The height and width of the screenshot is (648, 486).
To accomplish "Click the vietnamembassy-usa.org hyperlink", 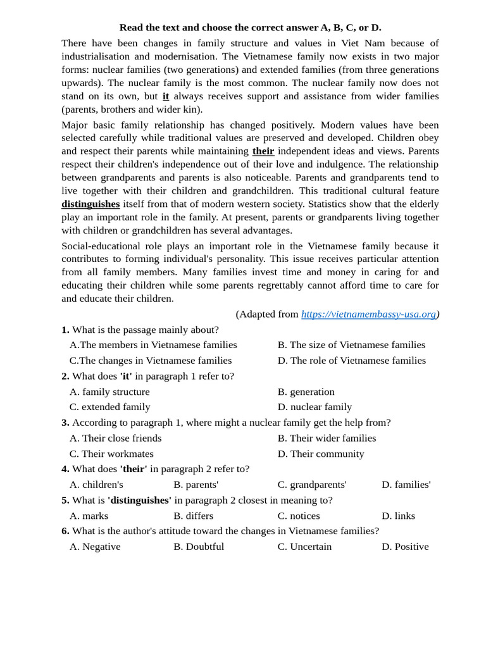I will click(368, 314).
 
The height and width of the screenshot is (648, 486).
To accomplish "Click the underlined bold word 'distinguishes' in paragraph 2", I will click(90, 204).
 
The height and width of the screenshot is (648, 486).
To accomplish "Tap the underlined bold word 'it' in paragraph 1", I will click(166, 96).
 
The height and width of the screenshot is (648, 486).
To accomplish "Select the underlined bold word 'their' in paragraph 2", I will click(263, 151).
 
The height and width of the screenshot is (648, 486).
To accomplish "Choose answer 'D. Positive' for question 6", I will click(405, 546).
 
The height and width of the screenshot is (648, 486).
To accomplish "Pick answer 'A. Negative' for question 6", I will click(95, 546).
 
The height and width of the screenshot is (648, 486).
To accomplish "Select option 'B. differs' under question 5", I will click(193, 516).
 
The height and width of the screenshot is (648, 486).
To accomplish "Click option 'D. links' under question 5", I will click(398, 516).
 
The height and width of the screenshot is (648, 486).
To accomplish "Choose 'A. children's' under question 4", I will click(96, 485).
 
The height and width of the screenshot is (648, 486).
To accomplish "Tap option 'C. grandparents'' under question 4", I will click(312, 485).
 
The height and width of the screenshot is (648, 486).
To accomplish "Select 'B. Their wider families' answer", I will click(327, 438).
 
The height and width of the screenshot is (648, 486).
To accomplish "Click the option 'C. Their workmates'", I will click(111, 454).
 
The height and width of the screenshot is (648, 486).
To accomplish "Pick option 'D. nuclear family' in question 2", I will click(315, 407).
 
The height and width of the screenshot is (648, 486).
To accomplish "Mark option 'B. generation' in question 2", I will click(306, 392).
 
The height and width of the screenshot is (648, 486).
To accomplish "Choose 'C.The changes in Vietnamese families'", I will click(151, 361).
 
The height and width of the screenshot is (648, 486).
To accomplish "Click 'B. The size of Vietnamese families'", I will click(351, 345).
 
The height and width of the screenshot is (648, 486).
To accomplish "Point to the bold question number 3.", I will click(65, 423).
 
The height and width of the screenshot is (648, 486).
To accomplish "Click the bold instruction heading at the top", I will click(250, 27).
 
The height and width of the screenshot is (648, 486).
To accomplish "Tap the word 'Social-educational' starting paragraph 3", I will click(101, 246).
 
